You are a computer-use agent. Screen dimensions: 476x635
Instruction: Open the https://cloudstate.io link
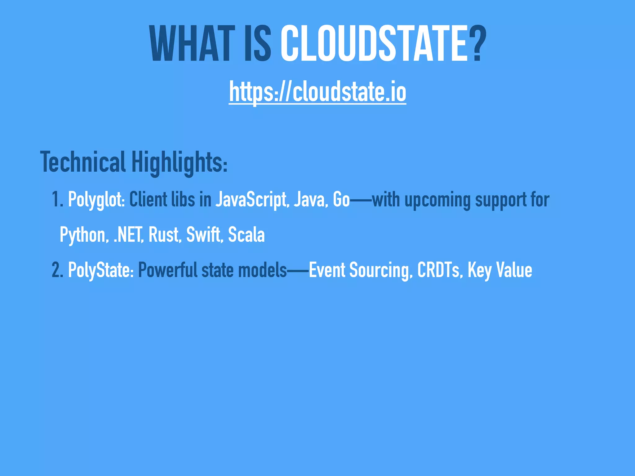[317, 92]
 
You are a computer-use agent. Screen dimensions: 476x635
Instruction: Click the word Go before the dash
[341, 199]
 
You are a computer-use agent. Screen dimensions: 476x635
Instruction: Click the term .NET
[128, 235]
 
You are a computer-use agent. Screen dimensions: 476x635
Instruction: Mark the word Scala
[246, 235]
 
